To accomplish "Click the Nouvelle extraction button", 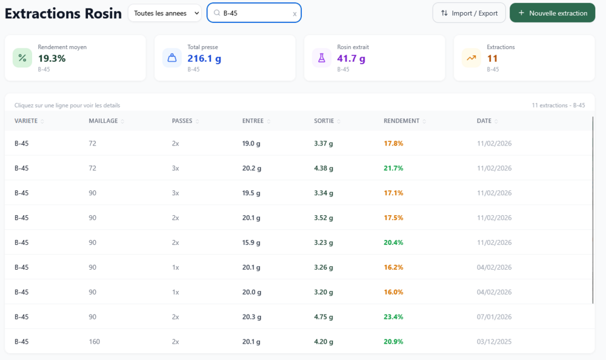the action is [x=552, y=13].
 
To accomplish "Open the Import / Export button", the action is [x=469, y=13].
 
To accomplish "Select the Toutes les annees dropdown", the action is [x=165, y=13].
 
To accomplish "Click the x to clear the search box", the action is [x=295, y=14].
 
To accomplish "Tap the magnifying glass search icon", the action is [x=217, y=13].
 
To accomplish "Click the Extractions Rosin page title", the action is [x=63, y=13].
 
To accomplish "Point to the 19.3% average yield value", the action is [x=52, y=58].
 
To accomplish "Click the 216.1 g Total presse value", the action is [x=204, y=58].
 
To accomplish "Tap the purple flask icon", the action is [x=322, y=58].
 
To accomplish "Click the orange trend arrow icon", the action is [x=471, y=58].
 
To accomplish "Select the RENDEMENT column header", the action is [x=401, y=121].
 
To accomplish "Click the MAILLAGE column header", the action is [x=103, y=121].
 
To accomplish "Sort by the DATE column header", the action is [x=484, y=121].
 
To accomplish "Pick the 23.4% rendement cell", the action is [x=393, y=317].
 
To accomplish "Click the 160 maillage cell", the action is [x=95, y=341].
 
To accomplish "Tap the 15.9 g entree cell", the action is [x=251, y=242].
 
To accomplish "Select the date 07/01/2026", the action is [x=494, y=317].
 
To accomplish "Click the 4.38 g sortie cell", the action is [x=324, y=168].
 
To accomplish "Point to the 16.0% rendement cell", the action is [x=393, y=292].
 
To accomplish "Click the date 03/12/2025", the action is [x=494, y=341].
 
